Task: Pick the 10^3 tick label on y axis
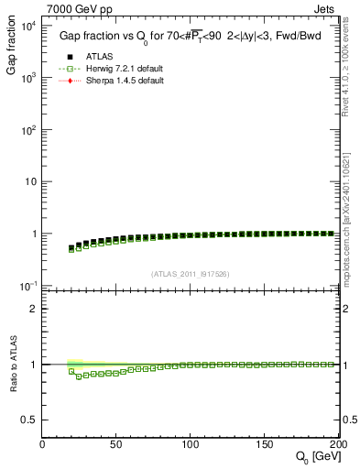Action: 27,78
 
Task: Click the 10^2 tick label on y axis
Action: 27,130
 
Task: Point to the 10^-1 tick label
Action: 27,286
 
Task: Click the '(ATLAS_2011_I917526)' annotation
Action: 191,274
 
